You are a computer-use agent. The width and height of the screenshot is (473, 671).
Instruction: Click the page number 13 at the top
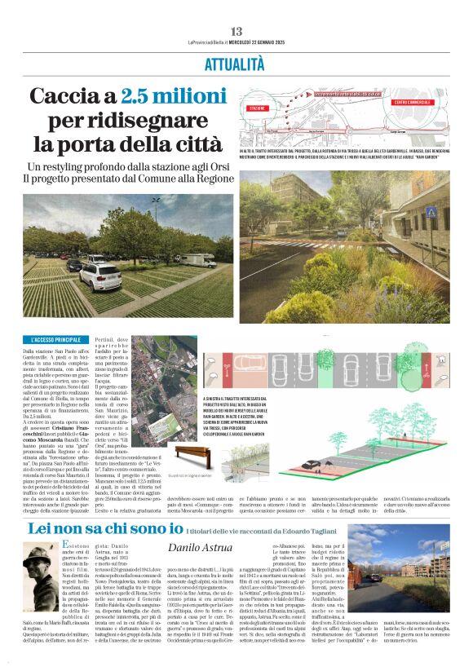coord(236,32)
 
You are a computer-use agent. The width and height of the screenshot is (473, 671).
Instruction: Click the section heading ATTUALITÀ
coord(236,63)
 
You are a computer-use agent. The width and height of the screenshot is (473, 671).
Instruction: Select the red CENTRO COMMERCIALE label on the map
coord(413,103)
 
